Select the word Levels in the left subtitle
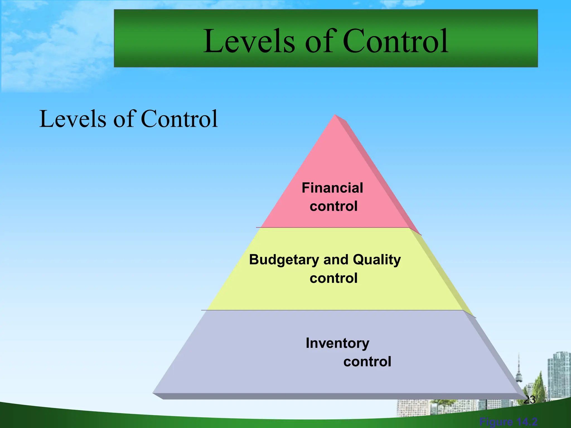[x=73, y=119]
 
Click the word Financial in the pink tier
[x=332, y=188]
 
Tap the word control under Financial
[x=333, y=206]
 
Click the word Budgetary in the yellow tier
[x=284, y=260]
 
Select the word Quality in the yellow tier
[x=377, y=260]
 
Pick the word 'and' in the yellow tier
[x=336, y=260]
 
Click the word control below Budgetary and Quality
[x=333, y=278]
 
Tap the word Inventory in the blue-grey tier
[x=337, y=343]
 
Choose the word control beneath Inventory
[x=367, y=362]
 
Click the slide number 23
[x=529, y=400]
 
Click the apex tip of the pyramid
[x=335, y=116]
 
